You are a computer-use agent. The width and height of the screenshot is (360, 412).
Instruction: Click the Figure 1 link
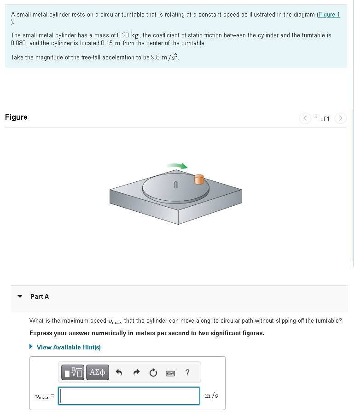tap(328, 15)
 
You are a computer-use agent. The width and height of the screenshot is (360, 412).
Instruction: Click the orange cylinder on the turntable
tap(199, 179)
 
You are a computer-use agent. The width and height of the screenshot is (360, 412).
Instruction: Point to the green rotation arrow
tap(177, 166)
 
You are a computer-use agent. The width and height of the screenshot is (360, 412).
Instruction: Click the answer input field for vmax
tap(129, 396)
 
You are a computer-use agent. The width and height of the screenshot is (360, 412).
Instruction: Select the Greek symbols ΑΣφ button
tap(97, 372)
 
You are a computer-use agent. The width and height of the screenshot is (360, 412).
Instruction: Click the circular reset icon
tap(154, 372)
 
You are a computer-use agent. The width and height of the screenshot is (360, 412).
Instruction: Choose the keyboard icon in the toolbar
tap(170, 372)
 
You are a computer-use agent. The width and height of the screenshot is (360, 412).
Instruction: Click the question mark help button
tap(187, 372)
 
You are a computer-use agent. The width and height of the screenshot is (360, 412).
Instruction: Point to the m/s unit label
tap(211, 395)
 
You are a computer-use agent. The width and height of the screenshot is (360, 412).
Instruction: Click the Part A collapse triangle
tap(20, 296)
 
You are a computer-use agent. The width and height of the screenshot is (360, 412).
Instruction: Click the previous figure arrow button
tap(305, 119)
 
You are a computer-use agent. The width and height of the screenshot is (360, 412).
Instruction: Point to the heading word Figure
tap(16, 117)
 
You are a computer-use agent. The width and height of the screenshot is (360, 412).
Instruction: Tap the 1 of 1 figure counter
tap(322, 119)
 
